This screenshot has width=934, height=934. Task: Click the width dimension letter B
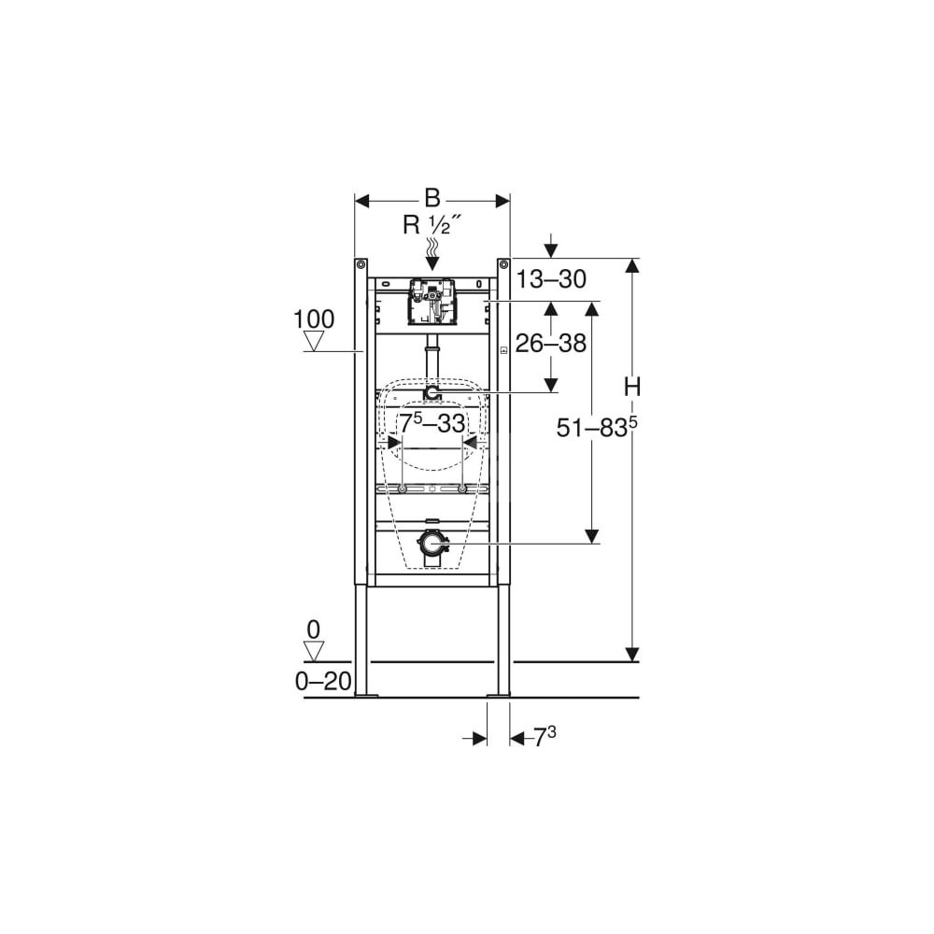point(432,198)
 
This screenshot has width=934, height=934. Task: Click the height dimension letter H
point(632,388)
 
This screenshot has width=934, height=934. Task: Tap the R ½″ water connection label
point(432,224)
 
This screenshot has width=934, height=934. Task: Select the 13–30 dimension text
point(551,278)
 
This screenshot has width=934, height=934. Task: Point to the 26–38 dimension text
point(551,343)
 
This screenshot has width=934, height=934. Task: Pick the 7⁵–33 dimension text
point(432,423)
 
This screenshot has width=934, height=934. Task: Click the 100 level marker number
point(314,319)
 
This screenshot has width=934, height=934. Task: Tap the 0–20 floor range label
point(323,681)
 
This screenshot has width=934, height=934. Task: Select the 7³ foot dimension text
point(544,737)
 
